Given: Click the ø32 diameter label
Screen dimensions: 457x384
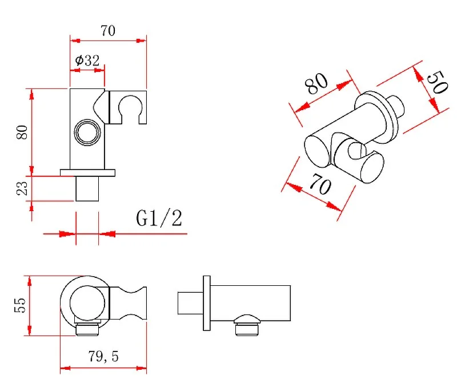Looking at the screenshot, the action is click(87, 60).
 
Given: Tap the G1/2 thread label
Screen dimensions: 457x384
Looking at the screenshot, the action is click(159, 218).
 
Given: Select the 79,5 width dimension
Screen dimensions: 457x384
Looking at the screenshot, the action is click(103, 357).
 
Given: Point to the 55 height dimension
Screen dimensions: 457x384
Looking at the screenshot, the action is click(20, 305).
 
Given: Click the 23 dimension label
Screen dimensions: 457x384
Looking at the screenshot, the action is click(22, 188).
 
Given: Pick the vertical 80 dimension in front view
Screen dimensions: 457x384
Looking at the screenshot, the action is click(22, 132).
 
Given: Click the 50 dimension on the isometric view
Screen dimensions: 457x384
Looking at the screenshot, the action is click(437, 82).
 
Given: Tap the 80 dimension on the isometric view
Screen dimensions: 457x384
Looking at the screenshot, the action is click(316, 83).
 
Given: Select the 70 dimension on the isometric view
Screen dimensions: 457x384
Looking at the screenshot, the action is click(320, 184).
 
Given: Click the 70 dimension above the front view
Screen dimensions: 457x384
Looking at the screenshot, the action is click(108, 31).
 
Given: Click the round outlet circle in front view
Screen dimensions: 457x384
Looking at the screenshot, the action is click(87, 132).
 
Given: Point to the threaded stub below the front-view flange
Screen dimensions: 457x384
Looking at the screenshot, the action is click(87, 189).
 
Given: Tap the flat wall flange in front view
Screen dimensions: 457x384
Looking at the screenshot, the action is click(87, 173).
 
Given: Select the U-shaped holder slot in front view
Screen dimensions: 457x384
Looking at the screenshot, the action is click(130, 108).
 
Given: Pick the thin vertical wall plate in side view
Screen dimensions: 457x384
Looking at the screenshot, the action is click(207, 303).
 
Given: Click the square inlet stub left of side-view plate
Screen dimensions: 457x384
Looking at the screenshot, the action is click(190, 303).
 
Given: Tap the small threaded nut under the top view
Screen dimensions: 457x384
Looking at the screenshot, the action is click(87, 329).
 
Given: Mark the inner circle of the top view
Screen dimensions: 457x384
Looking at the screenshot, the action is click(87, 303).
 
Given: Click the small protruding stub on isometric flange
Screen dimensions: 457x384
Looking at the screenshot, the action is click(396, 107).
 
